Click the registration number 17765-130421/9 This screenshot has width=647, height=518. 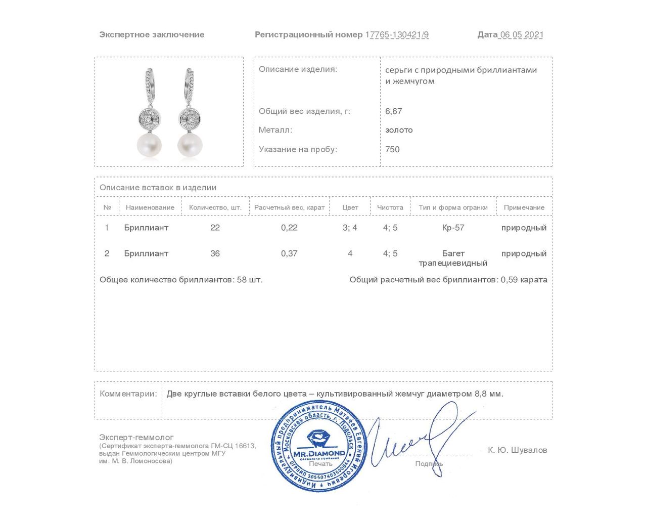(397, 35)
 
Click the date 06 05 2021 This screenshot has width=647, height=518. (521, 35)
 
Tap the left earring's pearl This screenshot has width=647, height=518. (149, 145)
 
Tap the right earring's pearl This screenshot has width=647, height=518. (190, 145)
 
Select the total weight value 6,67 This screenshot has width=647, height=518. (393, 111)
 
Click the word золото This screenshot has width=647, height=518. (399, 130)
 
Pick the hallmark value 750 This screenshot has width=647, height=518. (392, 149)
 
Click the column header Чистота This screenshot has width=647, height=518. (390, 207)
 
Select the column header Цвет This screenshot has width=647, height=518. (350, 207)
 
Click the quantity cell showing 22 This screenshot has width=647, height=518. (215, 228)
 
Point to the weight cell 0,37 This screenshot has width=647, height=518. (289, 253)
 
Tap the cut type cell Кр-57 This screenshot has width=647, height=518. (453, 228)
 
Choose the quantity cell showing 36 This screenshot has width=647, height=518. (215, 253)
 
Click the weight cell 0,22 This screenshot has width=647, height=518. (289, 228)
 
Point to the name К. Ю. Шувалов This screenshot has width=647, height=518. (517, 450)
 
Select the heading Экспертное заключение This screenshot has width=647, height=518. (152, 35)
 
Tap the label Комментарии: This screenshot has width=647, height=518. (128, 394)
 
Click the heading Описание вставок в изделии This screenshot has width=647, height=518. (158, 188)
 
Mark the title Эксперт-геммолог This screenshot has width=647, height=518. (136, 437)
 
